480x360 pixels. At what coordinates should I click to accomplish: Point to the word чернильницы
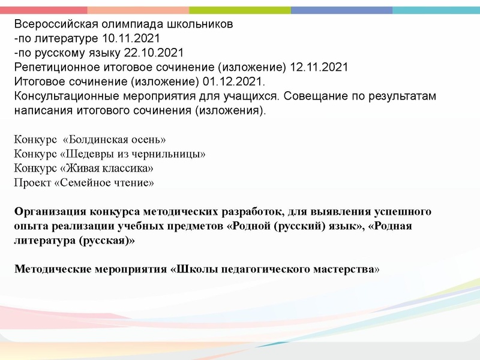(175, 154)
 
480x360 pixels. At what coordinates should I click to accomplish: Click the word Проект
(32, 183)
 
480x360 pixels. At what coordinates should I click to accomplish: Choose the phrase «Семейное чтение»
(104, 183)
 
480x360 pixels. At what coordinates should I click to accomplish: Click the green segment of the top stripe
(240, 10)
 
